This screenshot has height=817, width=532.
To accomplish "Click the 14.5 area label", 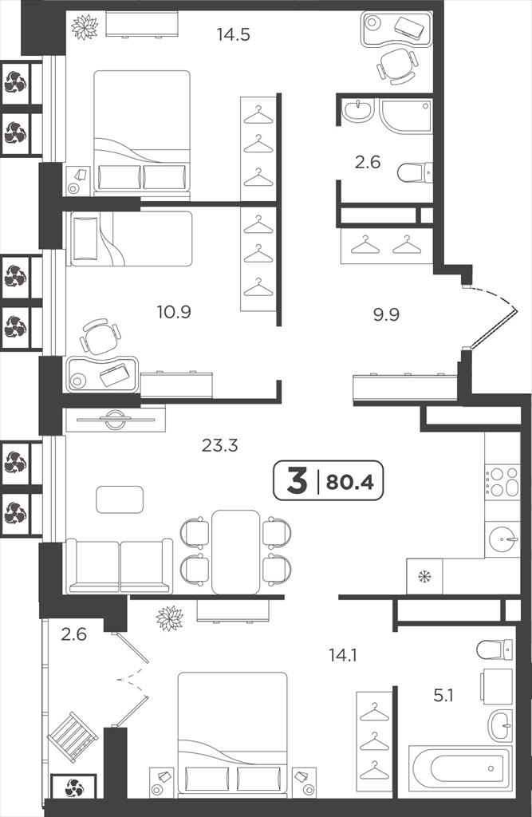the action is click(x=234, y=35).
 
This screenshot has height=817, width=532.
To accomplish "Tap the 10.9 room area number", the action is click(x=174, y=312).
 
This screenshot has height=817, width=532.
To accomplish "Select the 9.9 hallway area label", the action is click(x=386, y=314).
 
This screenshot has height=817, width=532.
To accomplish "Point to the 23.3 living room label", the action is click(x=219, y=445).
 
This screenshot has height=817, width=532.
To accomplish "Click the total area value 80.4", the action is click(x=349, y=483).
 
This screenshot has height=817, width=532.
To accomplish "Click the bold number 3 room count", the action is click(x=297, y=481).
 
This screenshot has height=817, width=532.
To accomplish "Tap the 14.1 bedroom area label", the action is click(x=343, y=655).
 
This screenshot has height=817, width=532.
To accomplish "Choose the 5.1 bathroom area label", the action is click(x=443, y=695).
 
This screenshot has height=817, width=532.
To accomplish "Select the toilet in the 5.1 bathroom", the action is click(x=495, y=649).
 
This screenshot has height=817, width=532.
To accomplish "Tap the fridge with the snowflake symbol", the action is click(x=424, y=576).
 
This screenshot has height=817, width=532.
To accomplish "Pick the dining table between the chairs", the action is click(x=235, y=552).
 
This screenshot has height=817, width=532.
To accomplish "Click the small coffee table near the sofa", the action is click(x=120, y=499).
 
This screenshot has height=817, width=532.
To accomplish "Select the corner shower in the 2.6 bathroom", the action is click(x=407, y=116).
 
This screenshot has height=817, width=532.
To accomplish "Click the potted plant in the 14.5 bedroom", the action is click(x=85, y=26).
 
